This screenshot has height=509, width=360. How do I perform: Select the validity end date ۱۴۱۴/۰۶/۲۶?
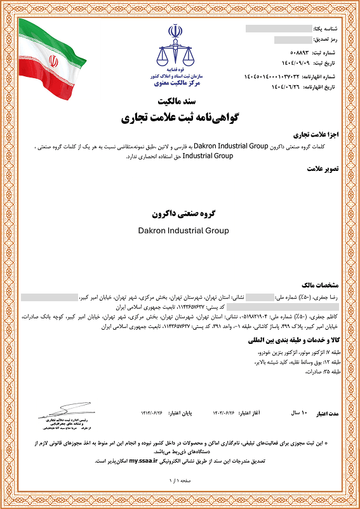[x=153, y=412]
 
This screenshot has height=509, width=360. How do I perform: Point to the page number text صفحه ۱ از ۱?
[x=180, y=482]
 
